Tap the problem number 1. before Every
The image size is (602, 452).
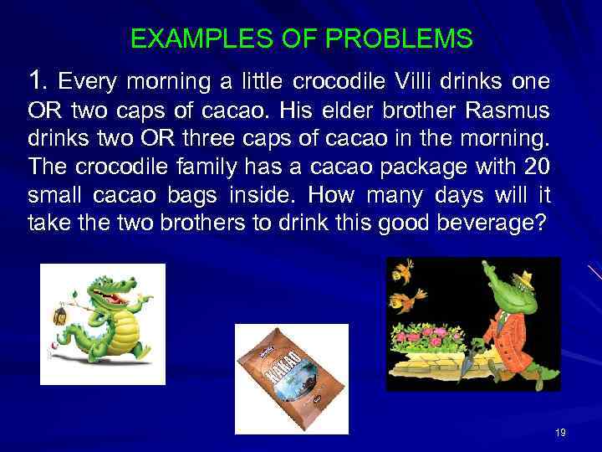[38, 81]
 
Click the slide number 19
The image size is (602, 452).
[560, 432]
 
